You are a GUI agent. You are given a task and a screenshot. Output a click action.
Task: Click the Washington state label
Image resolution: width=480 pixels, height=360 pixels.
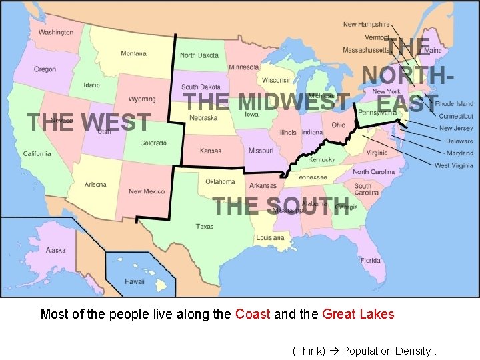(x=56, y=32)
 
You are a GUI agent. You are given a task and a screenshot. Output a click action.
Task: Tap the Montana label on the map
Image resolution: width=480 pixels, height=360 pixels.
(x=134, y=53)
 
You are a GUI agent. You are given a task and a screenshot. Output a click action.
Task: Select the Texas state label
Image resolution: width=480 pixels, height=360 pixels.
(x=205, y=227)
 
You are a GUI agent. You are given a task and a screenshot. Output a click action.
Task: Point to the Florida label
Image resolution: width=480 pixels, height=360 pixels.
(x=370, y=260)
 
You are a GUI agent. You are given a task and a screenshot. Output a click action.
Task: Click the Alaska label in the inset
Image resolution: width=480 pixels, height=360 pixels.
(x=56, y=250)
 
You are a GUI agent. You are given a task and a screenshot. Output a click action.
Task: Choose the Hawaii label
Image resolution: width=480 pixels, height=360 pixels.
(x=135, y=281)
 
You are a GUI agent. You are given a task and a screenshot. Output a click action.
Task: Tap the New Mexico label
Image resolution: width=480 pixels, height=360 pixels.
(x=146, y=191)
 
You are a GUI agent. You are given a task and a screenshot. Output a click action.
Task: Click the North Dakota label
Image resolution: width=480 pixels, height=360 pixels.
(x=199, y=56)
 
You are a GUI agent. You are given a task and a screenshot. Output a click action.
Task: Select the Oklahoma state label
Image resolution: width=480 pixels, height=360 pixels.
(x=220, y=181)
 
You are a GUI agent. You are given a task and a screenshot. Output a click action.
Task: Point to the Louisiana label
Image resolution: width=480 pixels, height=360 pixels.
(x=269, y=237)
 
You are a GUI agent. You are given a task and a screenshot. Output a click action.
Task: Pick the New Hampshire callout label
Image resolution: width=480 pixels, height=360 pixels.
(x=367, y=25)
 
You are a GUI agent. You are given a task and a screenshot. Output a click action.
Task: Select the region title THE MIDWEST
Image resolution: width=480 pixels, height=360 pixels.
(x=267, y=102)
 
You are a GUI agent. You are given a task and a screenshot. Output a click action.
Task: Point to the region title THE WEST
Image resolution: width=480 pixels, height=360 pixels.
(x=88, y=123)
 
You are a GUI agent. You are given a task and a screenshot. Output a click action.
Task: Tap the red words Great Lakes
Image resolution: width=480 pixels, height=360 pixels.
(x=358, y=314)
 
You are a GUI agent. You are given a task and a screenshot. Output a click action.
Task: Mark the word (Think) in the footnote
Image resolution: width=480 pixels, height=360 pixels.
(x=309, y=351)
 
